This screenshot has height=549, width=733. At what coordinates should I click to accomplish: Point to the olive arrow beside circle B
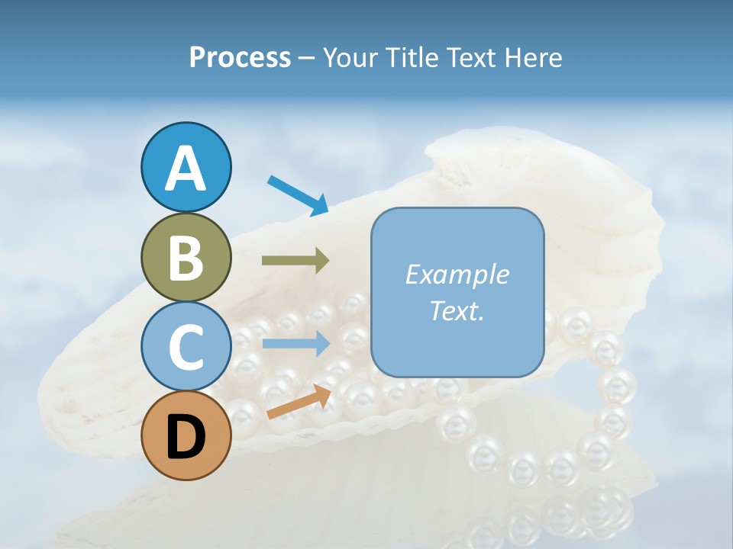(295, 261)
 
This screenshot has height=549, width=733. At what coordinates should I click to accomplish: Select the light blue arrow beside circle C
(295, 343)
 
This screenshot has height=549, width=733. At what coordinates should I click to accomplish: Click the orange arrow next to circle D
(299, 403)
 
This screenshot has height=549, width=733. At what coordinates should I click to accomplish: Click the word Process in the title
(240, 58)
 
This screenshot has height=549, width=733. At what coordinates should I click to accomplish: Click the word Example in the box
(457, 274)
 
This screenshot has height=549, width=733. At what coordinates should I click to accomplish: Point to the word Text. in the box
(457, 311)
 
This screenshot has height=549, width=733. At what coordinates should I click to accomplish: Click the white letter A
(186, 169)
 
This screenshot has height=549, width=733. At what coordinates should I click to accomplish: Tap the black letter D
(186, 437)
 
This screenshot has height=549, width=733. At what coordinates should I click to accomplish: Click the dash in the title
(307, 58)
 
